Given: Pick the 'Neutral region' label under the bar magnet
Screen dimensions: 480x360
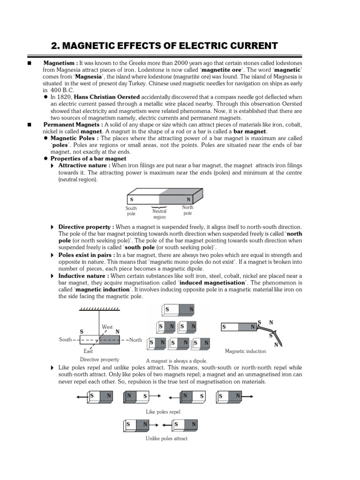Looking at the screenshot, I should point(159,214).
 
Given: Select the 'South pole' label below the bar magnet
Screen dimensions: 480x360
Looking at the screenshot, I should point(131,211).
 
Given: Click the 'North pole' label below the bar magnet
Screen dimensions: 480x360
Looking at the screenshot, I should point(187,210).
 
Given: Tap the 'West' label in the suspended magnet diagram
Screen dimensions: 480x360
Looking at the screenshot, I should point(107,327).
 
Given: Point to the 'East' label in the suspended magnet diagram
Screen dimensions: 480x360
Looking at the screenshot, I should point(88,351).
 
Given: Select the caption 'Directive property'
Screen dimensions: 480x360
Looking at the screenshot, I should point(99,360).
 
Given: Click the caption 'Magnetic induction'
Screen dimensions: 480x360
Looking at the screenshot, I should point(245,351).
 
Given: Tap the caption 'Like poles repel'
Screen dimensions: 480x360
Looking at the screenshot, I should point(164,412).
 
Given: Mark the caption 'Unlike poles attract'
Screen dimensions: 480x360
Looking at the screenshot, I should point(166,438).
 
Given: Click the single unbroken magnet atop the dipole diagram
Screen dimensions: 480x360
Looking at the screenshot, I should point(179,310).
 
